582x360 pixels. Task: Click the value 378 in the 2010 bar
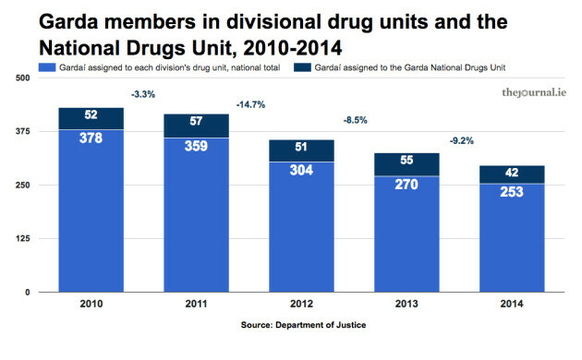(91, 138)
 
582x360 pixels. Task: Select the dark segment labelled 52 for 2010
(91, 117)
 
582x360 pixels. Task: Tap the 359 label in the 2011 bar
(196, 145)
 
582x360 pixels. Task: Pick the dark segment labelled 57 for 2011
(196, 124)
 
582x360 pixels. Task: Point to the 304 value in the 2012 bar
(300, 169)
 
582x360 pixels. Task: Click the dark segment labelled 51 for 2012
(300, 150)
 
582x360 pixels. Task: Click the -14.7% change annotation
(249, 104)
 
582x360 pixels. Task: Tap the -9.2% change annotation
(462, 140)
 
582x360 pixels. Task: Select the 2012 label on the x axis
(300, 304)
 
